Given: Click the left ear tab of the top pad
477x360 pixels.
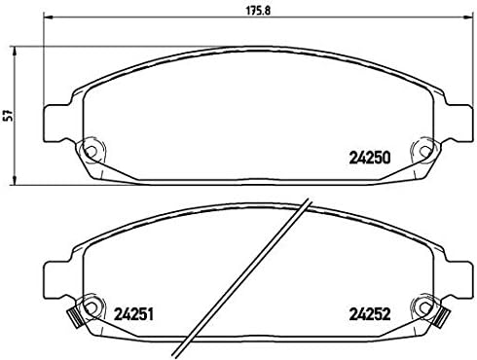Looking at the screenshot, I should point(55,122).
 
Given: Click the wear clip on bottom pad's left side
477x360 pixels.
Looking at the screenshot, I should point(72,316).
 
